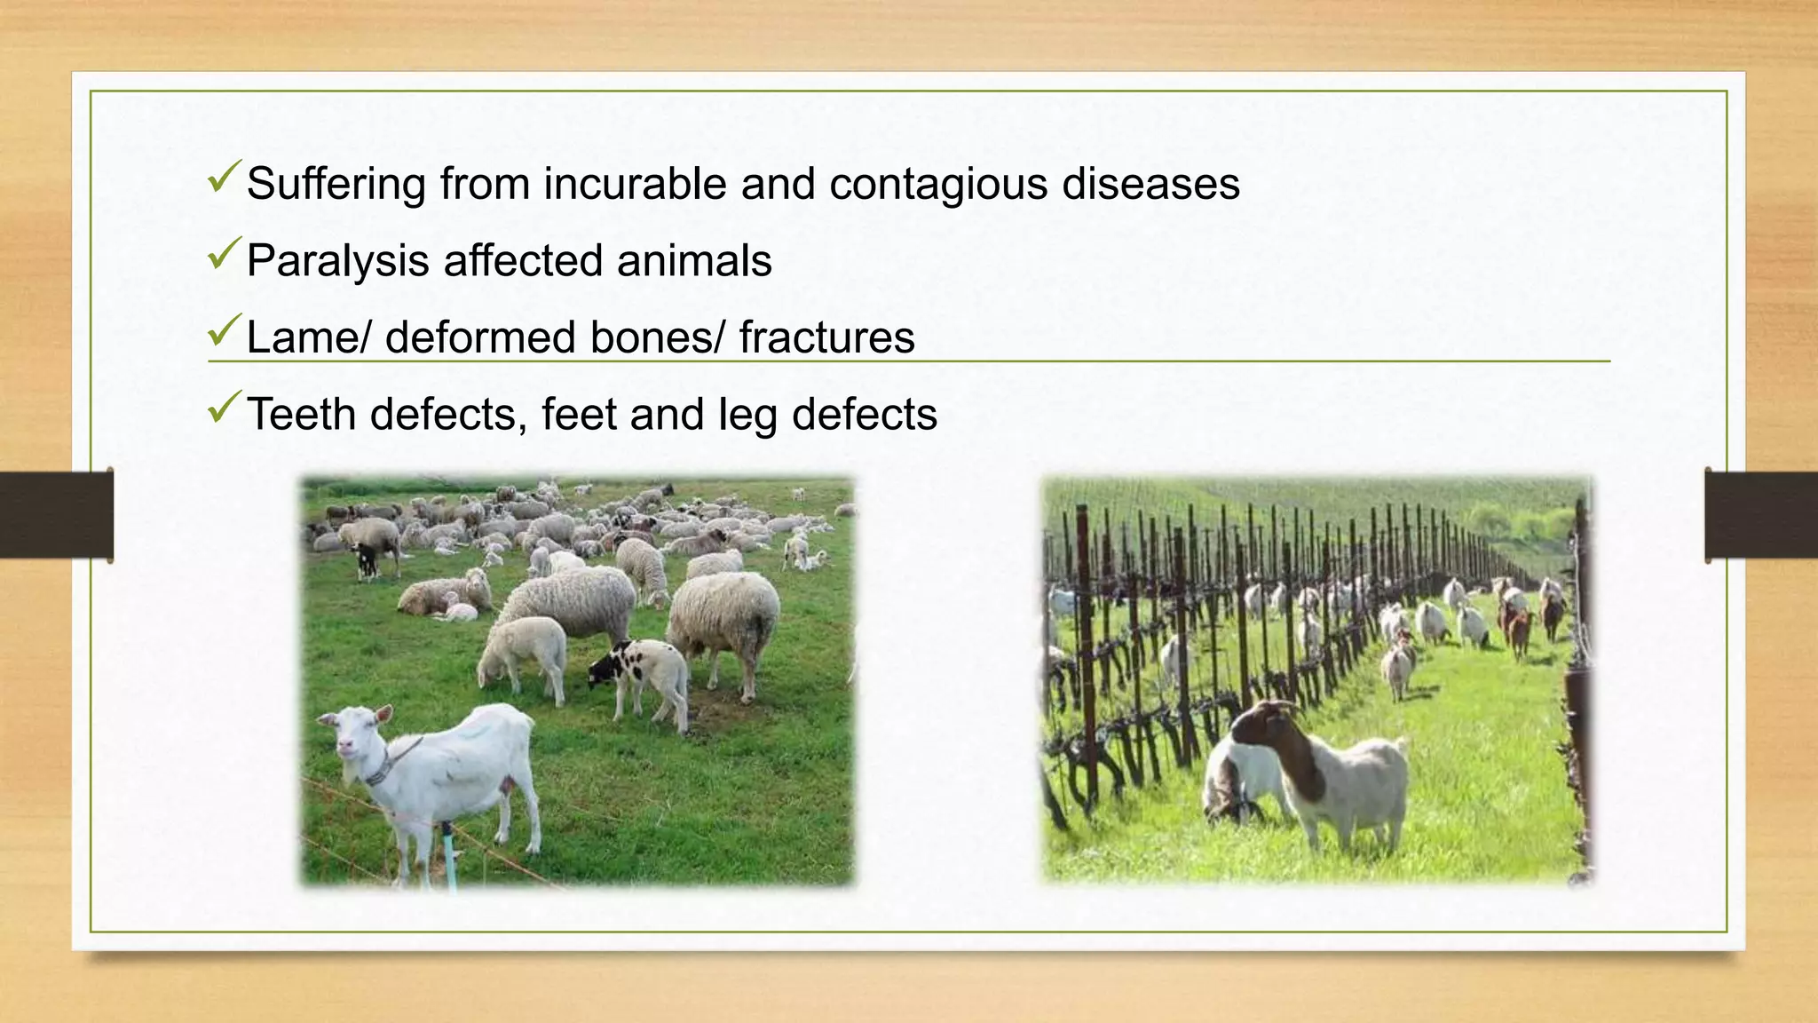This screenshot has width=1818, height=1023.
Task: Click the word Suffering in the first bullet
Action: [336, 185]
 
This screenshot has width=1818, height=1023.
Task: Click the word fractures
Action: [826, 338]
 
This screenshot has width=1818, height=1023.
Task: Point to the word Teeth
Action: [301, 415]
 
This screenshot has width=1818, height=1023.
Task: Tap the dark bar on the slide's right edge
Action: [1761, 515]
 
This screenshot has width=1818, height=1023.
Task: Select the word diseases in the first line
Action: [1150, 185]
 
